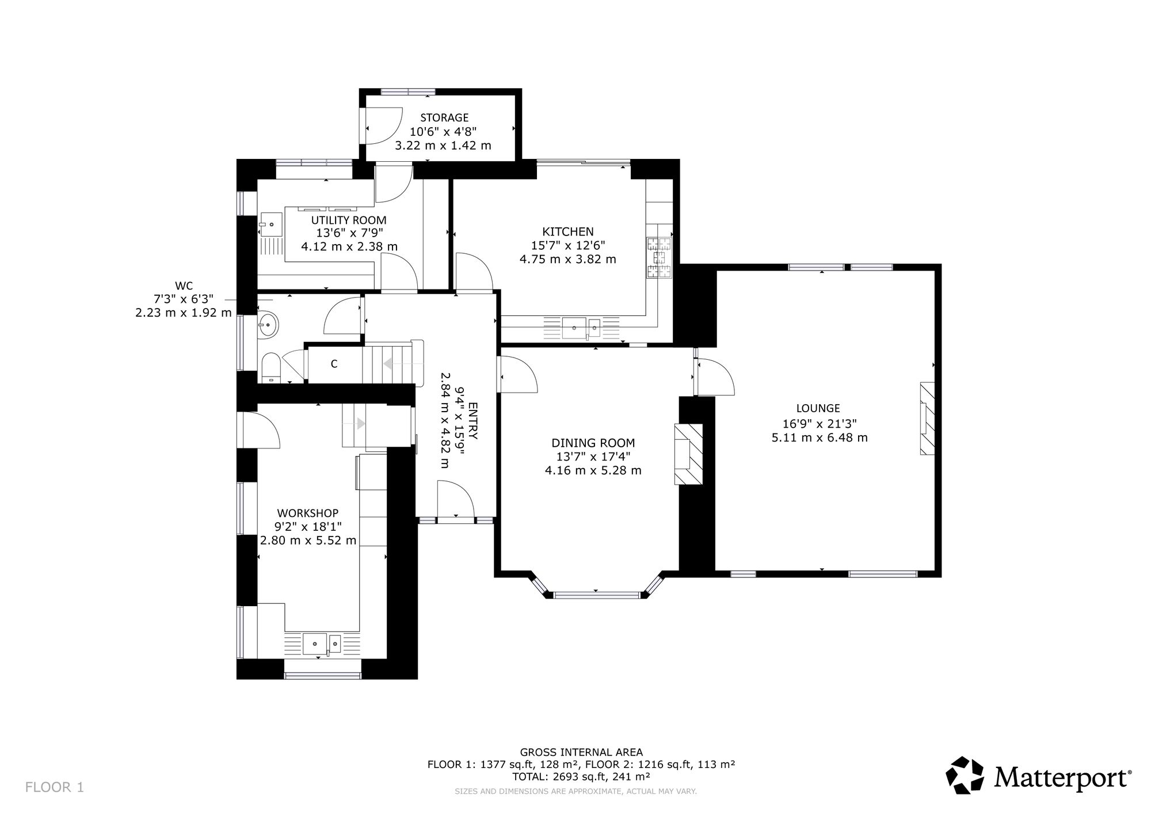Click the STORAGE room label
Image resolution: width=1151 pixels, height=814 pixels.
pos(444,118)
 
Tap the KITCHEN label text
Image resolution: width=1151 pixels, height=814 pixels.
pos(568,231)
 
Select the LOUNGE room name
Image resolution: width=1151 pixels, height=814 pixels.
pos(818,408)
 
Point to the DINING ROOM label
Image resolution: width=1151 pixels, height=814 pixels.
pos(593,443)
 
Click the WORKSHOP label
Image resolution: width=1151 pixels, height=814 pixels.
pos(308,513)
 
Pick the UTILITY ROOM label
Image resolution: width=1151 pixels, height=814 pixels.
pos(349,220)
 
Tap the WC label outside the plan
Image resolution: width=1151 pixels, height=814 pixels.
pos(184,286)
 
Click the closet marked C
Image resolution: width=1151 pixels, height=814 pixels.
pos(334,364)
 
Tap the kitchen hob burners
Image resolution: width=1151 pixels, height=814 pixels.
pos(660,258)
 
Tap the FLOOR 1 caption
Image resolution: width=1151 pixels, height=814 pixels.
pos(55,788)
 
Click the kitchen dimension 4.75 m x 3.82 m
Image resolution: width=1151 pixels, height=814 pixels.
pos(568,259)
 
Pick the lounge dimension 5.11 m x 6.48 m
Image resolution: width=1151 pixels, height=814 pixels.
pos(820,438)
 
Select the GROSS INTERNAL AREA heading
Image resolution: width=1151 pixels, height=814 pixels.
pos(581,752)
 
